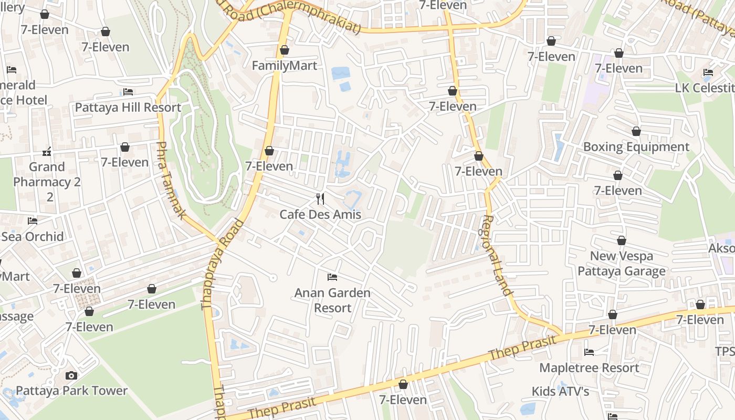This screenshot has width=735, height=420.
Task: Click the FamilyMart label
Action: pos(285,66)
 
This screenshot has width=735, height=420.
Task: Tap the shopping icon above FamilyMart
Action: pos(285,50)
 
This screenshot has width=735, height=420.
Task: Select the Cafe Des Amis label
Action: pos(320,214)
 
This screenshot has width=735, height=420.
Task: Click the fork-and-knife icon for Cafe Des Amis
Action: pos(320,199)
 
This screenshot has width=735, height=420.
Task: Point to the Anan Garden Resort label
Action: pos(332,300)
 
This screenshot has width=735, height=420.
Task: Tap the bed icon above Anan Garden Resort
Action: pos(332,277)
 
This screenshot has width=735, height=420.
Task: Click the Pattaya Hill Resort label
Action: pos(128,108)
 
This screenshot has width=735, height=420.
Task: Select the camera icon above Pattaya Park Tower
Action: pos(71,375)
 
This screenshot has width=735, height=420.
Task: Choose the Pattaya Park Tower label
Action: pos(71,391)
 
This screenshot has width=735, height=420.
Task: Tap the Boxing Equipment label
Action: pos(636,147)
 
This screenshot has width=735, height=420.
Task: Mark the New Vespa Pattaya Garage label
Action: pos(622,264)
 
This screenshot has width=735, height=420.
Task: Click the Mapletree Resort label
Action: pos(589,367)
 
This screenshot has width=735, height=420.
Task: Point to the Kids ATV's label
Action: pos(560,391)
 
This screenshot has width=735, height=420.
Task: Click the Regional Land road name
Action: pos(497,256)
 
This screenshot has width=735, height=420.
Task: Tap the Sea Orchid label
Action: pos(32,236)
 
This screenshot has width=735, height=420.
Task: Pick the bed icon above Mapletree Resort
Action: pos(589,352)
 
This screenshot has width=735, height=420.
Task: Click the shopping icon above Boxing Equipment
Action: pos(636,131)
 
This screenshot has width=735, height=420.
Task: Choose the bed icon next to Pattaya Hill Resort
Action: pos(128,92)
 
